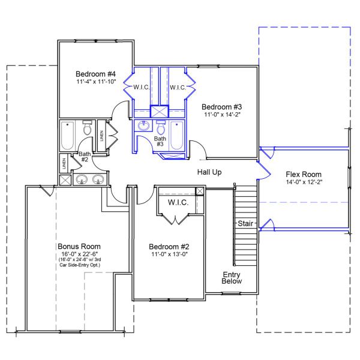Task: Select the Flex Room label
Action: (x=305, y=173)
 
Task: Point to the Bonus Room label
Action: (x=79, y=246)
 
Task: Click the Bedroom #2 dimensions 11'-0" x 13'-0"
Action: (x=169, y=254)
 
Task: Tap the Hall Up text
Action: (x=209, y=172)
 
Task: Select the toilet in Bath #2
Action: (x=87, y=128)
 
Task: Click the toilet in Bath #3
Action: (x=160, y=128)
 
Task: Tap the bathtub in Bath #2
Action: (x=67, y=136)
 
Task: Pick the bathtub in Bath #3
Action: (x=177, y=136)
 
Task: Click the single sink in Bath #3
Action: (x=143, y=127)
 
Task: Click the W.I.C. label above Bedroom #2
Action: (x=178, y=203)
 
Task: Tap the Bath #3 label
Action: (x=160, y=142)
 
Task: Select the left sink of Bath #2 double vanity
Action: (x=83, y=179)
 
